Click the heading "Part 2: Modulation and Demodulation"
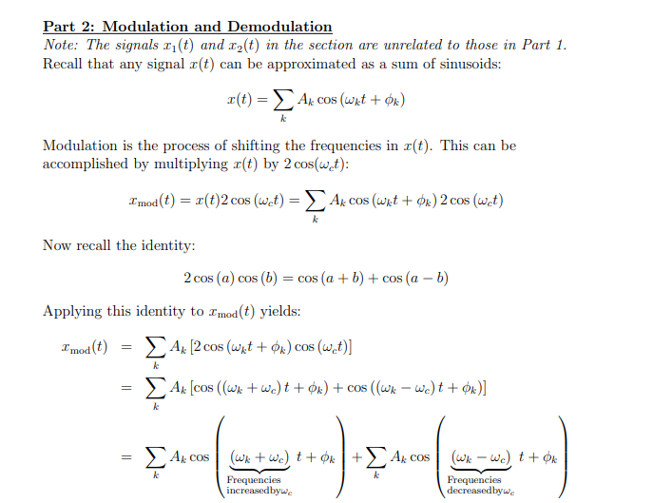point(187,27)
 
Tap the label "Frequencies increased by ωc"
point(259,486)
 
